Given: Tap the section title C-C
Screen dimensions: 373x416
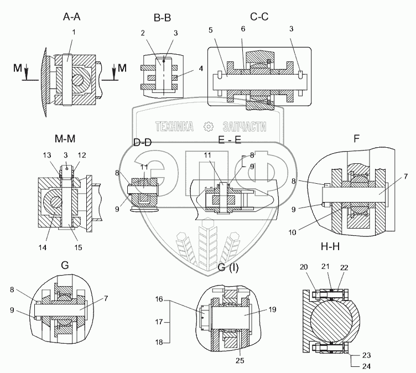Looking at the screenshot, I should (259, 17).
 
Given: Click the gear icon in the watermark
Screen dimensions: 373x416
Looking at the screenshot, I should (209, 127).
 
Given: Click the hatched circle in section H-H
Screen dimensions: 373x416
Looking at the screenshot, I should (330, 320).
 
